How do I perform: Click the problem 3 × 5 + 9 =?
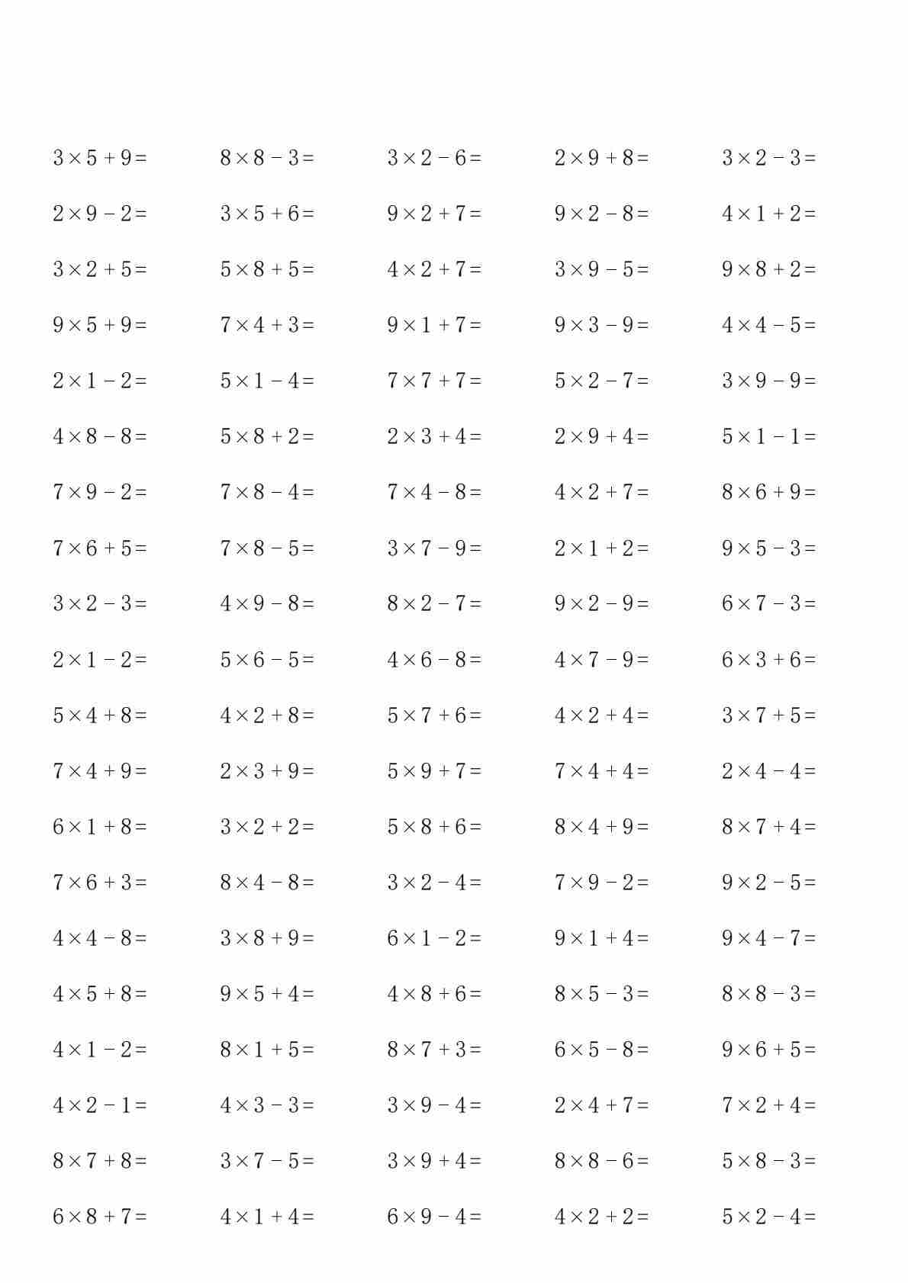click(x=100, y=158)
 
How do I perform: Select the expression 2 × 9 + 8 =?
click(x=601, y=158)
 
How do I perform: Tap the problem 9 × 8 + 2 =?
click(x=768, y=269)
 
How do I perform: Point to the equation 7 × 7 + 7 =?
click(x=434, y=381)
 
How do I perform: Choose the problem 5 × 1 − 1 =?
click(x=768, y=436)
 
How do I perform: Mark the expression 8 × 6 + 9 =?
click(x=768, y=492)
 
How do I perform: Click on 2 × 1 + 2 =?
click(x=601, y=548)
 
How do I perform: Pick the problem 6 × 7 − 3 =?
click(x=768, y=603)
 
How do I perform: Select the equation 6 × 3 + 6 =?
click(x=768, y=659)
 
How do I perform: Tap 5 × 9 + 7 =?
click(x=434, y=770)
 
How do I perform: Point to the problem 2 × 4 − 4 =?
click(x=768, y=770)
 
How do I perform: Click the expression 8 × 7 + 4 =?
click(x=768, y=826)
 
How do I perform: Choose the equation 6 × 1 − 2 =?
click(x=434, y=937)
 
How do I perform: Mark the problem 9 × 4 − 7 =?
click(x=768, y=937)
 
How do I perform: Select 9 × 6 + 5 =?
click(x=768, y=1049)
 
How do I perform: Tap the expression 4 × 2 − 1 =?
click(x=100, y=1105)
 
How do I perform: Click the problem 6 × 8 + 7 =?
click(x=100, y=1216)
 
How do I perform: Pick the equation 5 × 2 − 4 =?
click(x=768, y=1216)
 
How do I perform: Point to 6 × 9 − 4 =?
click(x=434, y=1216)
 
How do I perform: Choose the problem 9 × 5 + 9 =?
click(x=100, y=325)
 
